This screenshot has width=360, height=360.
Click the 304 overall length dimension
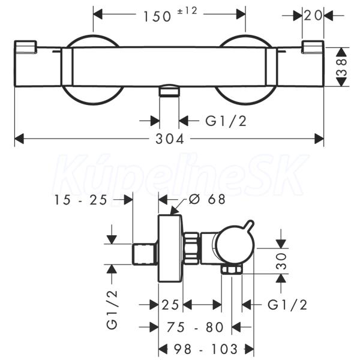pyautogui.click(x=170, y=139)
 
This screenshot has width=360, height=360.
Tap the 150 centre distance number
pyautogui.click(x=157, y=17)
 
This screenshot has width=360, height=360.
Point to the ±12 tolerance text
pyautogui.click(x=187, y=11)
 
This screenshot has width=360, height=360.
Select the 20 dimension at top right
pyautogui.click(x=313, y=16)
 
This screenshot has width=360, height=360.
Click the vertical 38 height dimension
pyautogui.click(x=341, y=67)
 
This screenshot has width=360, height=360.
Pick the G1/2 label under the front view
pyautogui.click(x=226, y=121)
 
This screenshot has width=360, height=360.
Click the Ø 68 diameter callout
pyautogui.click(x=207, y=199)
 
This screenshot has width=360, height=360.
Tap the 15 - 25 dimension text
pyautogui.click(x=80, y=200)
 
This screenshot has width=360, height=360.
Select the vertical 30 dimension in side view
pyautogui.click(x=281, y=261)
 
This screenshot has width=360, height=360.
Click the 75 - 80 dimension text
pyautogui.click(x=195, y=327)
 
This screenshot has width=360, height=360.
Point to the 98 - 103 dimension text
pyautogui.click(x=205, y=349)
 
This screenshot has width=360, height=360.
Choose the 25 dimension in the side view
pyautogui.click(x=170, y=305)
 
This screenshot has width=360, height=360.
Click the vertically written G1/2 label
pyautogui.click(x=112, y=310)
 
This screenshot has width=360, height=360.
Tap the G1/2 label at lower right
pyautogui.click(x=287, y=305)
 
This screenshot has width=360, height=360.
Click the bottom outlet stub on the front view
pyautogui.click(x=169, y=91)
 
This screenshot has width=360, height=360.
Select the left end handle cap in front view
pyautogui.click(x=25, y=46)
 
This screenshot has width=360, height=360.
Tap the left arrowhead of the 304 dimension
pyautogui.click(x=19, y=139)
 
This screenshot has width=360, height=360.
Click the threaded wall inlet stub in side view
pyautogui.click(x=145, y=254)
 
